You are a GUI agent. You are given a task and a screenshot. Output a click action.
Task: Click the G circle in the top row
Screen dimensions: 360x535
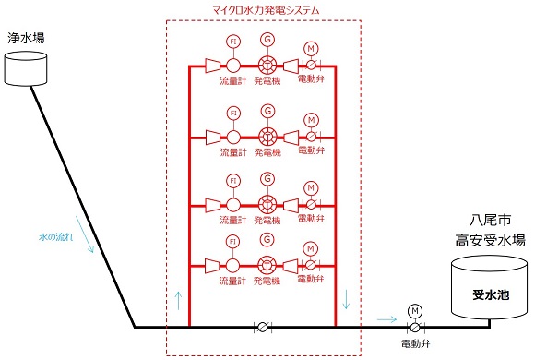point(267,41)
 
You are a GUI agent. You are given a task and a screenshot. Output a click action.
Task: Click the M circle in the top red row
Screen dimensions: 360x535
point(311,48)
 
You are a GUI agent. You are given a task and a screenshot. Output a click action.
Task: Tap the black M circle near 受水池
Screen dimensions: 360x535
point(414,309)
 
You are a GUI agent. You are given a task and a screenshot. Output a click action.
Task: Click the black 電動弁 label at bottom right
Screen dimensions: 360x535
point(414,345)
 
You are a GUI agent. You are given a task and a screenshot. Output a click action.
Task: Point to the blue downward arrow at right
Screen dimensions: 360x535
point(347,299)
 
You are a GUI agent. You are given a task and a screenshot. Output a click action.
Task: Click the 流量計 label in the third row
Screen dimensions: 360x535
point(233,222)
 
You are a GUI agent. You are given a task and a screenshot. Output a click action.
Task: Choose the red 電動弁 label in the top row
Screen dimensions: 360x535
point(311,80)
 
